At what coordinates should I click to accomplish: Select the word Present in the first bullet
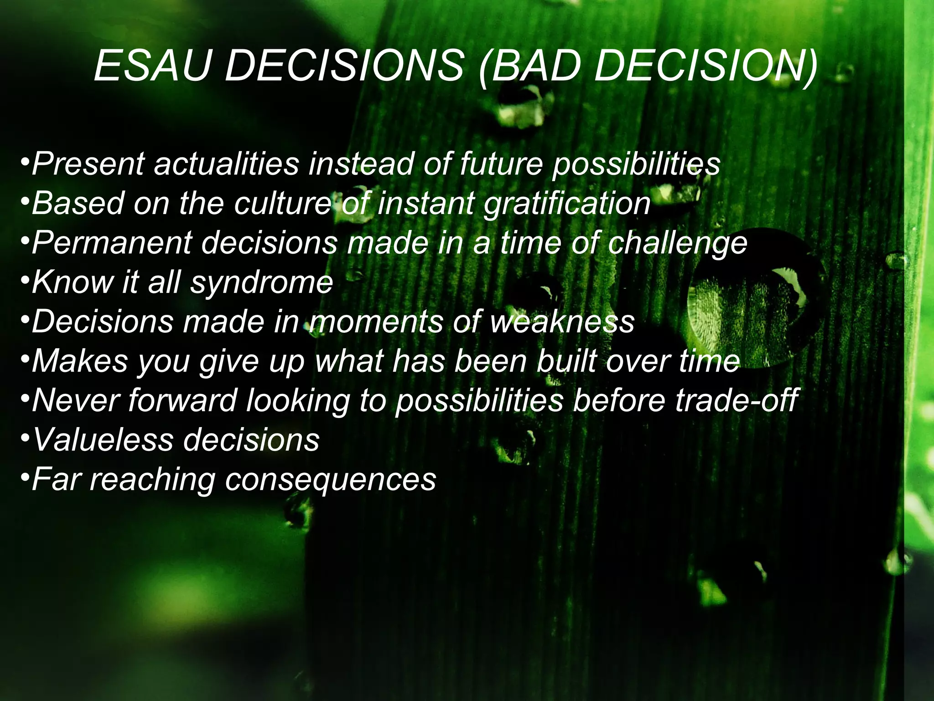(x=88, y=164)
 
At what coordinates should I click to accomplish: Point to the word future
(x=501, y=164)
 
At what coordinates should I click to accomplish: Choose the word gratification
(x=567, y=204)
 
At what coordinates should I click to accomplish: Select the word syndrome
(x=262, y=283)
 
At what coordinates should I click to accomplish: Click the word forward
(x=182, y=400)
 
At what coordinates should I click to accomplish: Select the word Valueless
(x=103, y=439)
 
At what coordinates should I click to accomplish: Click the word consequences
(x=331, y=480)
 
